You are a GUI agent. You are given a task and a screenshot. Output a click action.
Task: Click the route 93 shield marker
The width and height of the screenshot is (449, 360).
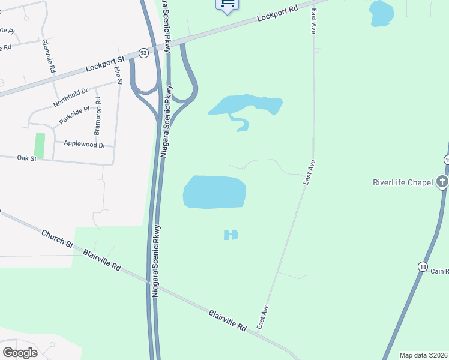pyautogui.click(x=143, y=53)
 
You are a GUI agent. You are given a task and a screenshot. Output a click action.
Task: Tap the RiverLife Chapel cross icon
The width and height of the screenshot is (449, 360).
pyautogui.click(x=442, y=182)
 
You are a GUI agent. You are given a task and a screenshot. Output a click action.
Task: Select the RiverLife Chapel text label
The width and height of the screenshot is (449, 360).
pyautogui.click(x=403, y=182)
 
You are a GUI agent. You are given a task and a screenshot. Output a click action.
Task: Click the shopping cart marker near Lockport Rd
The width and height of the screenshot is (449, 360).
pyautogui.click(x=228, y=5)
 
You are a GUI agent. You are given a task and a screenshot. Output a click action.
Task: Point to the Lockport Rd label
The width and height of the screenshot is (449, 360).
pyautogui.click(x=277, y=14)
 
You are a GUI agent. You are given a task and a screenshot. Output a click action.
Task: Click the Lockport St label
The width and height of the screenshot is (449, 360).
pyautogui.click(x=104, y=63)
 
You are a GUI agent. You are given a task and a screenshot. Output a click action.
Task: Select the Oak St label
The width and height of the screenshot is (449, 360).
pyautogui.click(x=27, y=158)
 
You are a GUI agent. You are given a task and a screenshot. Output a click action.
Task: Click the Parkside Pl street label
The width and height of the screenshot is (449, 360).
pyautogui.click(x=74, y=116)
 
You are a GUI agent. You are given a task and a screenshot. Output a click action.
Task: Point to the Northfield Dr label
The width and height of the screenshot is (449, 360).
pyautogui.click(x=70, y=97)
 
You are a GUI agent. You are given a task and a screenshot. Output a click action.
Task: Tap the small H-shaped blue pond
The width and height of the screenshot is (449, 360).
pyautogui.click(x=231, y=235)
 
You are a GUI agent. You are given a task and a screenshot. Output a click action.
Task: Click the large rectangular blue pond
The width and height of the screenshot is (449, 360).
pyautogui.click(x=214, y=192)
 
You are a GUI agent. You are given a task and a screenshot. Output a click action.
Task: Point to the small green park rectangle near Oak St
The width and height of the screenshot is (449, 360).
pyautogui.click(x=40, y=146)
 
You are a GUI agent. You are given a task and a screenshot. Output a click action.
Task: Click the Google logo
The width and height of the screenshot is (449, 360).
pyautogui.click(x=20, y=353)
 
